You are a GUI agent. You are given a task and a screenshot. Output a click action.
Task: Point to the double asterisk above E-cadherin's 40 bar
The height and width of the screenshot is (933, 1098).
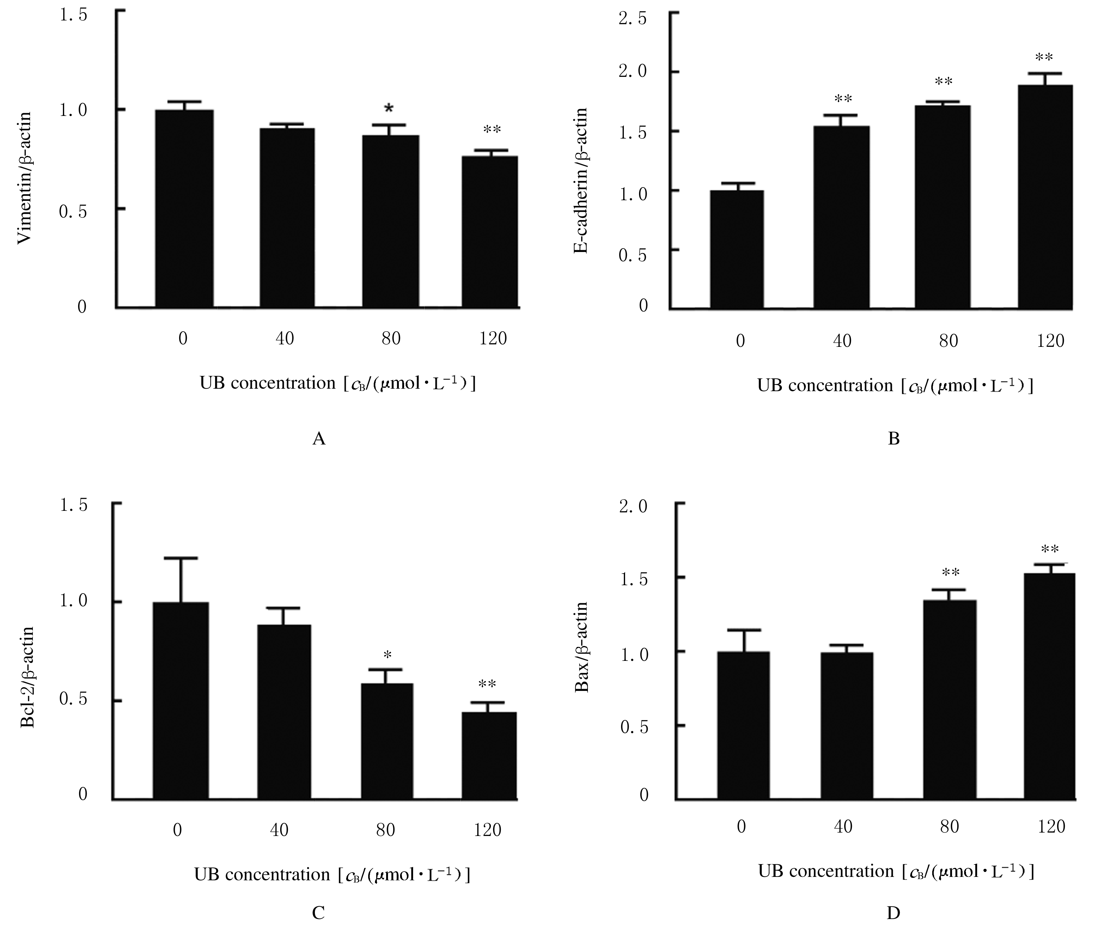[843, 99]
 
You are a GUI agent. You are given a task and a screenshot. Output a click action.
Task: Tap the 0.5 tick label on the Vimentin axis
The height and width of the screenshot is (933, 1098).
[73, 212]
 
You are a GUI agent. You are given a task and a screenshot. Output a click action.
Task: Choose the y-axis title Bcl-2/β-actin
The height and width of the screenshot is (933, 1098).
[28, 677]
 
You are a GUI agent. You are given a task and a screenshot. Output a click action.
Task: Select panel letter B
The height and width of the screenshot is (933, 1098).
[893, 439]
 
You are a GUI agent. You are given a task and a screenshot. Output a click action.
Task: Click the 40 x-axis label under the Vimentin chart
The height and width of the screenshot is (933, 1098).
[284, 338]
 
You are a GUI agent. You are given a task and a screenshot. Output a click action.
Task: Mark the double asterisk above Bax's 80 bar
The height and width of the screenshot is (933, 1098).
[950, 572]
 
